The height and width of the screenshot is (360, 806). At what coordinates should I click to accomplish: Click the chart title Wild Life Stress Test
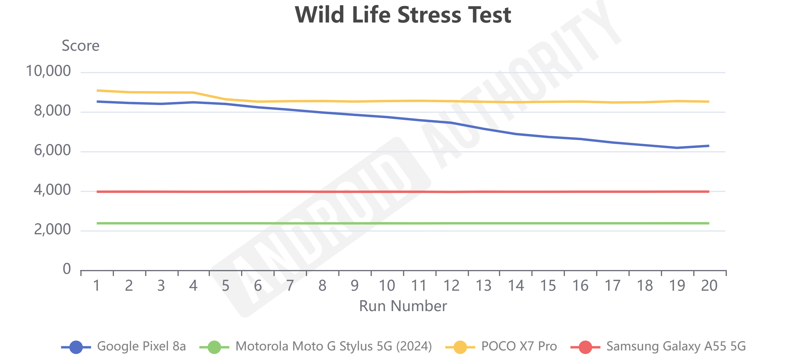[x=403, y=15]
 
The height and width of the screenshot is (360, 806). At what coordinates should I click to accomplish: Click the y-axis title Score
[x=80, y=46]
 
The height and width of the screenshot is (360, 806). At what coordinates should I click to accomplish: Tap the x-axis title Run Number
[x=403, y=306]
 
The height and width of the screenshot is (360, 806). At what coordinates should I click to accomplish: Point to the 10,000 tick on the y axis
[x=48, y=71]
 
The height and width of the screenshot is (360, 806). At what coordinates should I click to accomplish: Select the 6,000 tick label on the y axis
[x=52, y=151]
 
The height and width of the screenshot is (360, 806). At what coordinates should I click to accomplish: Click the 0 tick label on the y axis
[x=67, y=269]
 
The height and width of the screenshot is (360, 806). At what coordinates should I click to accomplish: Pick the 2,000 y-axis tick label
[x=52, y=230]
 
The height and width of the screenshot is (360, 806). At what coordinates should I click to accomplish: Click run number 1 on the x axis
[x=97, y=286]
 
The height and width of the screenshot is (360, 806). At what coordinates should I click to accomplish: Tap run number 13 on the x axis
[x=483, y=286]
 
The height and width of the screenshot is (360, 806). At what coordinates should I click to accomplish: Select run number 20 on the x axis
[x=709, y=286]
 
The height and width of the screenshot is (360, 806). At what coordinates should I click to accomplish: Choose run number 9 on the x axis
[x=354, y=286]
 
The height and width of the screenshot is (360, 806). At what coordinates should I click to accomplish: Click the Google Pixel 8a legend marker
[x=76, y=347]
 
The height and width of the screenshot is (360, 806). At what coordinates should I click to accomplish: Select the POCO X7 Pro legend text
[x=519, y=346]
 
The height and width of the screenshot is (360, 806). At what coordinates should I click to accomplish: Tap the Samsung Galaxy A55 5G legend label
[x=676, y=346]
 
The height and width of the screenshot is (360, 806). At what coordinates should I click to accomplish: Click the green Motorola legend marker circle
[x=214, y=347]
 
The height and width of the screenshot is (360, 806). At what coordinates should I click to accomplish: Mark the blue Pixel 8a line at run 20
[x=709, y=146]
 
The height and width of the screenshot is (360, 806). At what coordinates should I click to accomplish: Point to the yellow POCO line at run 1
[x=98, y=91]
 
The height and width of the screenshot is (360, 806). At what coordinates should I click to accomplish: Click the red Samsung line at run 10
[x=387, y=192]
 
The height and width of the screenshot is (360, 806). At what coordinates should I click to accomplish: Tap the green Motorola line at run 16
[x=581, y=223]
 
